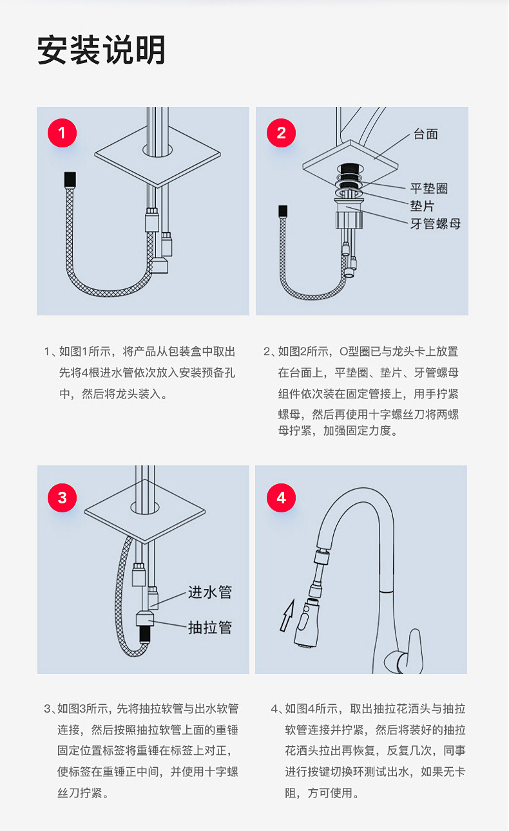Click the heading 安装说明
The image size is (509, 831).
pyautogui.click(x=101, y=50)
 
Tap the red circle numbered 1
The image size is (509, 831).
pyautogui.click(x=62, y=133)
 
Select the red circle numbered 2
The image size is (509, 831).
pyautogui.click(x=281, y=133)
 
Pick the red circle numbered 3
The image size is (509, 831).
pyautogui.click(x=62, y=498)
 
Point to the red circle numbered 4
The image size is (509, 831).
pyautogui.click(x=281, y=498)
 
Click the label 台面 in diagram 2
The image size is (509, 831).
pyautogui.click(x=426, y=134)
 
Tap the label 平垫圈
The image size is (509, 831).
pyautogui.click(x=429, y=188)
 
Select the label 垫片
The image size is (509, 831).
pyautogui.click(x=422, y=206)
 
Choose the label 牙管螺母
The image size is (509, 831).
pyautogui.click(x=435, y=224)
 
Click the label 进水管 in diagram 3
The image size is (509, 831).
pyautogui.click(x=210, y=592)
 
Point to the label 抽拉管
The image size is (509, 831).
pyautogui.click(x=210, y=628)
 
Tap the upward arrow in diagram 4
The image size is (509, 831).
pyautogui.click(x=287, y=615)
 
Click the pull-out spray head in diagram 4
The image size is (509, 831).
pyautogui.click(x=306, y=623)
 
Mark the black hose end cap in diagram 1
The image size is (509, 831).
pyautogui.click(x=70, y=179)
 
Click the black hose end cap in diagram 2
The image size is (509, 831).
pyautogui.click(x=283, y=211)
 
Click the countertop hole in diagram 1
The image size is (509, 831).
pyautogui.click(x=157, y=150)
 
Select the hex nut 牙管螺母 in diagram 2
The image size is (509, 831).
pyautogui.click(x=349, y=219)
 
